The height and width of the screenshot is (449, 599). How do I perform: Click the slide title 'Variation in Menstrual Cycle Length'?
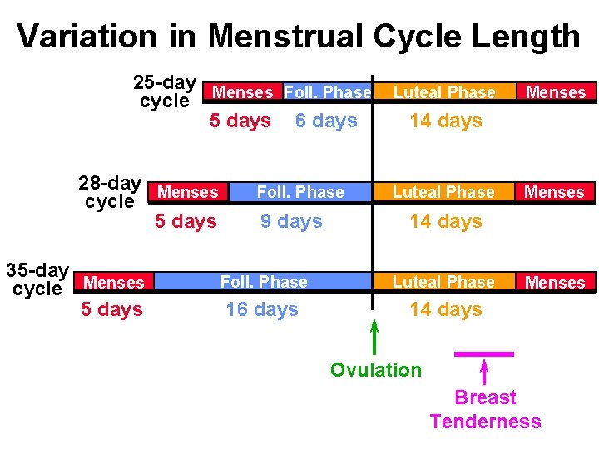[299, 37]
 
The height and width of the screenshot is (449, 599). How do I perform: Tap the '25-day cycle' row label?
[165, 92]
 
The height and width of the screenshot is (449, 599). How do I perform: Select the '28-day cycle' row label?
[109, 192]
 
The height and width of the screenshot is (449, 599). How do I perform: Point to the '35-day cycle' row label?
[37, 279]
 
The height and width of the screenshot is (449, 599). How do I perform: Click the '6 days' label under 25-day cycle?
[326, 121]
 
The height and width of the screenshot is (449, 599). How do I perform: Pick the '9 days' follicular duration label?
[291, 221]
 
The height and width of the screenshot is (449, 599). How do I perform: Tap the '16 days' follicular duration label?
[262, 309]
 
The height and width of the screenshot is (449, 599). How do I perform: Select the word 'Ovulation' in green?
[376, 370]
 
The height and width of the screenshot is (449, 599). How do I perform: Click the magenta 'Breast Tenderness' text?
[485, 410]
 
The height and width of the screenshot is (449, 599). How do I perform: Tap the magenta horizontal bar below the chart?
[484, 354]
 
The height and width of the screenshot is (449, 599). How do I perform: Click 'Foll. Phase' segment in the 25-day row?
[327, 92]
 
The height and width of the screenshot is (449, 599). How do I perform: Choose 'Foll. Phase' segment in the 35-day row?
[264, 283]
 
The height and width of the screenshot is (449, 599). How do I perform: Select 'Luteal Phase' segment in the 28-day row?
[443, 192]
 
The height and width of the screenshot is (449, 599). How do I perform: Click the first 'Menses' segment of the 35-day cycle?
[114, 283]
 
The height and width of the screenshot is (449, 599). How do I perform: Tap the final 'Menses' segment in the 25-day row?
[556, 92]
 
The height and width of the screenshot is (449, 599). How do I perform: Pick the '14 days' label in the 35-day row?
[446, 309]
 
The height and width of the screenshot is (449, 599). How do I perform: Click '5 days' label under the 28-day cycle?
[186, 221]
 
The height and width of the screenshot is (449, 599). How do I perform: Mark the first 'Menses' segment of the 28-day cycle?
[188, 192]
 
